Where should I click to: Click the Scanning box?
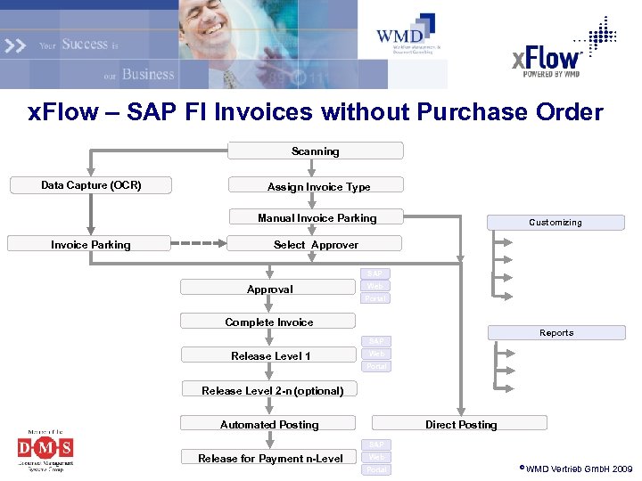click(315, 151)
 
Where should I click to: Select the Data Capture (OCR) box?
click(91, 185)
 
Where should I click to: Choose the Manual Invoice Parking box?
click(317, 217)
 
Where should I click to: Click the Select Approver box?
click(315, 244)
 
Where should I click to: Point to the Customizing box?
click(555, 223)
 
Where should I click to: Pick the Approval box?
click(269, 289)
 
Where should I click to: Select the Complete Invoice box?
click(268, 322)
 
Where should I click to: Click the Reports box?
click(556, 333)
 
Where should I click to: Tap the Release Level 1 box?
click(269, 355)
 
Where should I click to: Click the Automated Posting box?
click(268, 424)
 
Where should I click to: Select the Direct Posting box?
click(460, 424)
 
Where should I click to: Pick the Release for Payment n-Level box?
click(269, 458)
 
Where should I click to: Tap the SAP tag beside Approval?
click(376, 273)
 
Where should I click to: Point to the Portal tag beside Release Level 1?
click(376, 366)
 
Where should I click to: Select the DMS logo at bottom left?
click(45, 446)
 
